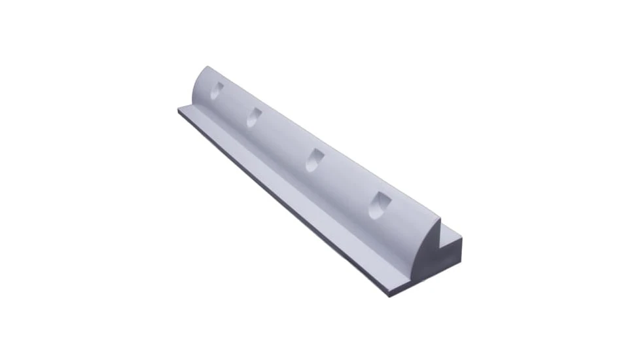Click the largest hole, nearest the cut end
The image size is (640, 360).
pos(378,206)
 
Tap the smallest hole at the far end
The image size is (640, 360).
pos(217,90)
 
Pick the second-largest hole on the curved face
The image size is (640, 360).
pos(315,159)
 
